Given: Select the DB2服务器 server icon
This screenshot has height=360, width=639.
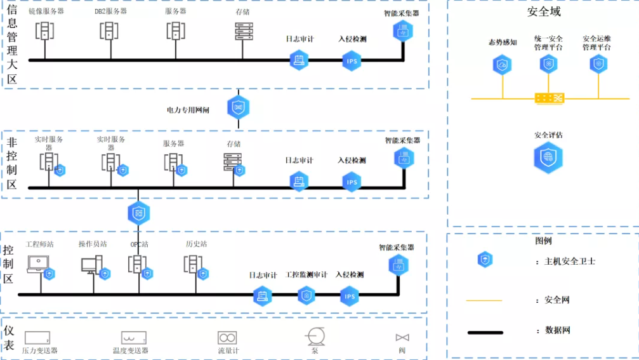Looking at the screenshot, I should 109,30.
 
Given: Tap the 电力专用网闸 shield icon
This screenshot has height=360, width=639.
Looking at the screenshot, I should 239,107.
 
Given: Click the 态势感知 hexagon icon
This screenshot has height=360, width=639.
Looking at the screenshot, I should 503,64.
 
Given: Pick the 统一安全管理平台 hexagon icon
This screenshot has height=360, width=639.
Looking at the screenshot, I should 548,64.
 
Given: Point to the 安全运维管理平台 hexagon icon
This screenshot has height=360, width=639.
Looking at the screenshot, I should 598,63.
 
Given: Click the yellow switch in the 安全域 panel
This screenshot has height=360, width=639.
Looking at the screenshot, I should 549,98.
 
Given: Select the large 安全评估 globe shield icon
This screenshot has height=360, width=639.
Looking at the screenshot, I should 548,157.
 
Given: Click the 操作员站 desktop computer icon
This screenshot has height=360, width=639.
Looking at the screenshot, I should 91,264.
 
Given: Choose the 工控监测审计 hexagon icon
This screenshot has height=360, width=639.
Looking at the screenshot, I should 306,295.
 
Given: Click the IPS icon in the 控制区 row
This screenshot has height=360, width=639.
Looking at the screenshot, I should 350,296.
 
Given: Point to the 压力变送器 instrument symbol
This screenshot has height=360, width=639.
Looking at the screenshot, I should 37,337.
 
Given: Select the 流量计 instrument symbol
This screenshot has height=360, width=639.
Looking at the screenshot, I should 227,338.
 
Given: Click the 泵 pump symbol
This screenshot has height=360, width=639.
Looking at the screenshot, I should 315,337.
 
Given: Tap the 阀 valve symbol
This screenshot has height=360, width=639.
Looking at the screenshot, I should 402,338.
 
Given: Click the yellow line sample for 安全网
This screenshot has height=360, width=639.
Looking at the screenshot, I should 484,300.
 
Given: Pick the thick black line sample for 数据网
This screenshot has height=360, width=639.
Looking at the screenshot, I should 485,332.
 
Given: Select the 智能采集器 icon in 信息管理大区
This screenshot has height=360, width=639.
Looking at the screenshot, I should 403,30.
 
